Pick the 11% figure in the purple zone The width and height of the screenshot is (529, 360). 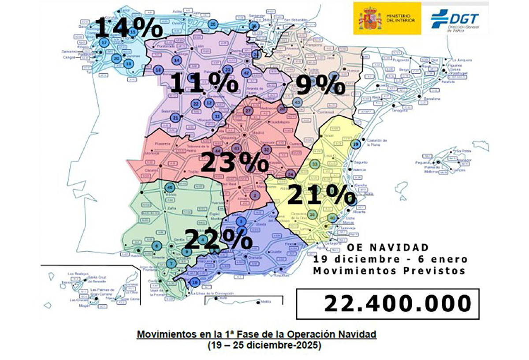tap(204, 82)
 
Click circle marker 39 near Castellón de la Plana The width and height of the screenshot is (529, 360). tap(356, 144)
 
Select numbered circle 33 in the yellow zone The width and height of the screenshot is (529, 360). tap(315, 164)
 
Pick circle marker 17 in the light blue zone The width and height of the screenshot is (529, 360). tap(104, 42)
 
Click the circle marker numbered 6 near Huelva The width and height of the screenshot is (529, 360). tap(156, 246)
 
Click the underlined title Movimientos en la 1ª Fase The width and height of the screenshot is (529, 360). tap(257, 334)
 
